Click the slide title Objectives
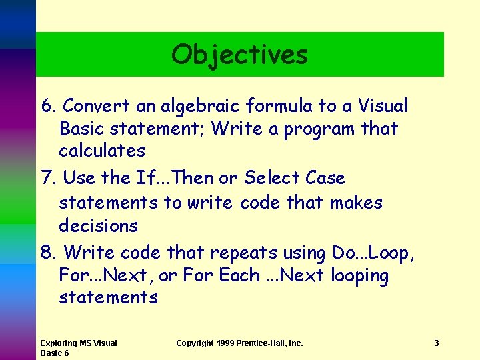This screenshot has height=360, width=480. point(239,55)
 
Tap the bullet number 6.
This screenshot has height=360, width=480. point(49,106)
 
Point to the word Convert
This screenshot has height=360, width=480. point(93,106)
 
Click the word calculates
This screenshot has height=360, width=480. point(102,151)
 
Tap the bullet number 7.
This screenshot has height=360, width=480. point(49,179)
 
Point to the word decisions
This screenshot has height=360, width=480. point(98,226)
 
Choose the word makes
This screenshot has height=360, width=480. point(356,203)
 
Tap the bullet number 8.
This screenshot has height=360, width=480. point(49,253)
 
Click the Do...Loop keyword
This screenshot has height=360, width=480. point(370,253)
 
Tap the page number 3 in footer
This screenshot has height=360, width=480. point(436,343)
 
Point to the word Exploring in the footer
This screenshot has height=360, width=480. point(58,343)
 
